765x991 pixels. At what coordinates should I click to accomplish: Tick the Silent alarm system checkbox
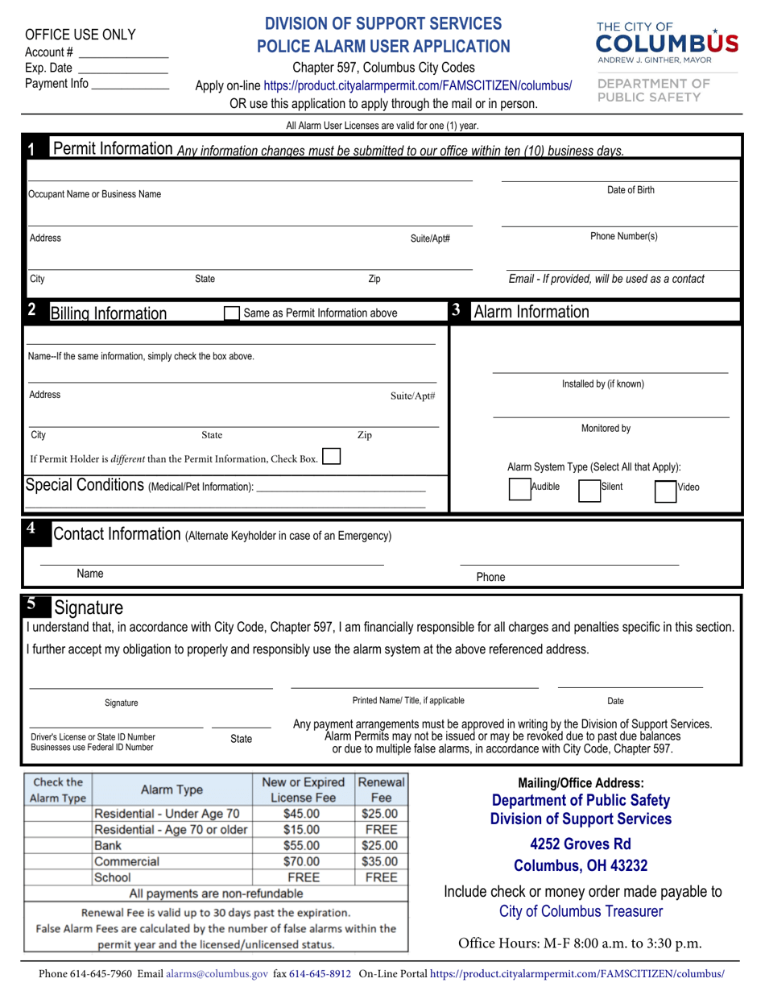tap(589, 491)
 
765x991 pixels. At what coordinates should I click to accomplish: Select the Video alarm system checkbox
tap(664, 491)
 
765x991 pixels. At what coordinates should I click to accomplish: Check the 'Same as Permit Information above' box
tap(231, 313)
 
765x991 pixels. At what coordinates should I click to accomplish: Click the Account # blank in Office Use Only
tap(122, 52)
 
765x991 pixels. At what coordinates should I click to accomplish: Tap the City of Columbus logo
tap(666, 42)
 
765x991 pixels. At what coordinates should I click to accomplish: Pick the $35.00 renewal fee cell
tap(380, 861)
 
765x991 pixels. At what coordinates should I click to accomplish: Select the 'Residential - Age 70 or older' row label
tap(171, 830)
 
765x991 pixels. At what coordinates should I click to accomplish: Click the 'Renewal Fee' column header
tap(380, 790)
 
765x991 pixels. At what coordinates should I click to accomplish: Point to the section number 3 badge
tap(456, 311)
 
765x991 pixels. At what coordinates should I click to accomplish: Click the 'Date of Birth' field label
tap(630, 190)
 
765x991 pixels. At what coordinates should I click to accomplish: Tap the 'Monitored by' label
tap(606, 429)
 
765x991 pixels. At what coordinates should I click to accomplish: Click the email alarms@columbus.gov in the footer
tap(217, 973)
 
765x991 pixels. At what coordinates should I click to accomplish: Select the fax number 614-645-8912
tap(320, 973)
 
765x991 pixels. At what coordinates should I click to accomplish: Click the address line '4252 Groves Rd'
tap(581, 844)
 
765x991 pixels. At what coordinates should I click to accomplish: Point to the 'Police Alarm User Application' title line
tap(383, 47)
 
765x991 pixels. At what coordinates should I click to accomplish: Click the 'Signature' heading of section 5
tap(88, 607)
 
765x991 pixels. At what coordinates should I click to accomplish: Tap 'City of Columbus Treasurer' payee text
tap(581, 911)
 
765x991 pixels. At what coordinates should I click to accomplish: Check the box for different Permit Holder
tap(331, 457)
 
